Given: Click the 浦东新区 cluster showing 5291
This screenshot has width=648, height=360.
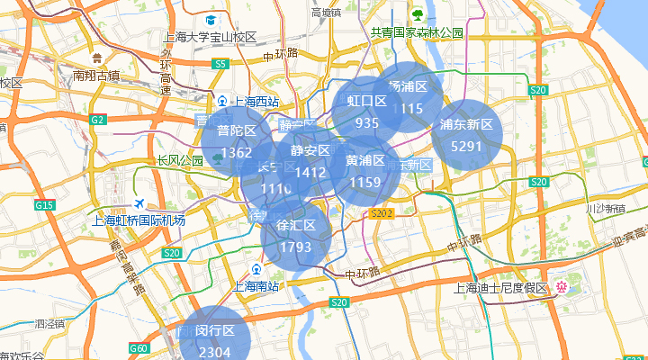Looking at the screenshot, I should coord(467,134).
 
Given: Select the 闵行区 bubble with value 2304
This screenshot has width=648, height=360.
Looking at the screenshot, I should coord(215,341).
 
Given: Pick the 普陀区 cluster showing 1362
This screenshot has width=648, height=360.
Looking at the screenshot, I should coord(236,141).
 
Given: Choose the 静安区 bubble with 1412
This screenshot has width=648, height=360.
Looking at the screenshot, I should coord(310,161).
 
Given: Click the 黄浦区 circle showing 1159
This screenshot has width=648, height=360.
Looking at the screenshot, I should coord(365,171).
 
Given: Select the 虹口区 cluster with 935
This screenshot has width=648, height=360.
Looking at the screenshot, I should coord(367,112).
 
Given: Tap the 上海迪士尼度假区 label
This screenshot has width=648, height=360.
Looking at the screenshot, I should coord(501,288).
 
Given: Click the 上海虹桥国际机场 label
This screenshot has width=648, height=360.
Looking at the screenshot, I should coord(139,220).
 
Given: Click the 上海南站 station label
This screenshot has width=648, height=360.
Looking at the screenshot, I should coord(256,286).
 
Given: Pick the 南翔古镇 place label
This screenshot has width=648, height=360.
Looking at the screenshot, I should coord(96,76).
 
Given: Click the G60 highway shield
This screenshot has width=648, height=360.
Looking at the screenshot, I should coord(139,348).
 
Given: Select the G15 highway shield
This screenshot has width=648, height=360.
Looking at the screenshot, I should coord(45,205).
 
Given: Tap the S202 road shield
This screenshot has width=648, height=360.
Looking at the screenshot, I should coord(382,213).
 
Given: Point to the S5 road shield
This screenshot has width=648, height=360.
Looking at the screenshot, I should coord(220,64).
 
